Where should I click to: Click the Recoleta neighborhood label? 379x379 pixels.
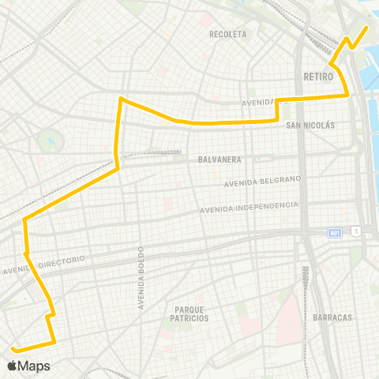228,34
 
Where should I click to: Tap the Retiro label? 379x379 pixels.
318,77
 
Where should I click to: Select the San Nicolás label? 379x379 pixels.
310,126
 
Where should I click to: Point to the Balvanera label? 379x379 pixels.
214,159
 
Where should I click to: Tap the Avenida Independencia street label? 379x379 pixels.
249,208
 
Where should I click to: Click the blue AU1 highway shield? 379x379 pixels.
336,231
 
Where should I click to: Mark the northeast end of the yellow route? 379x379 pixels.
367,28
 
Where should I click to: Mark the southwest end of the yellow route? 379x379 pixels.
13,347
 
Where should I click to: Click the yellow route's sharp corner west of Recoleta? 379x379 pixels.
120,99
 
